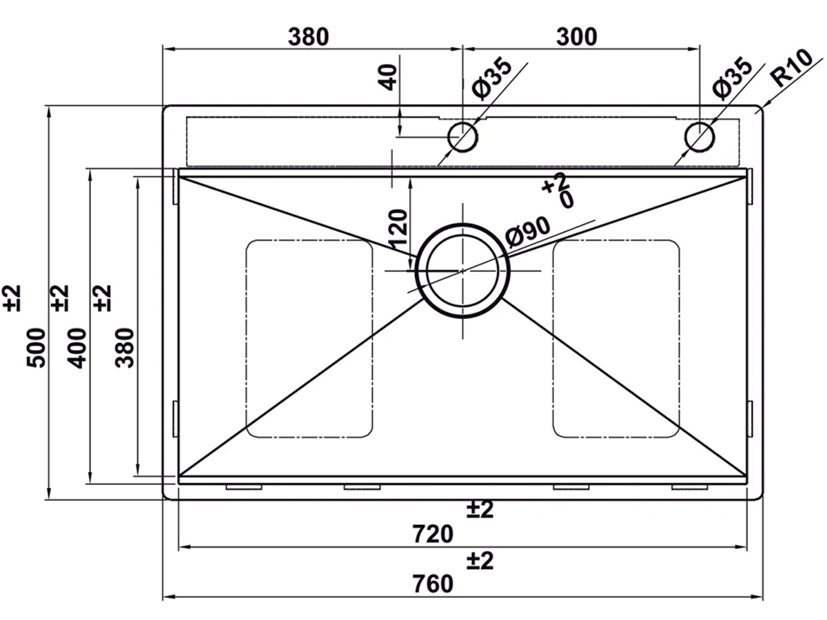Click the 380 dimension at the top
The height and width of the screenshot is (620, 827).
tap(307, 37)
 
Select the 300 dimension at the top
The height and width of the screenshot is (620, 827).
tap(576, 37)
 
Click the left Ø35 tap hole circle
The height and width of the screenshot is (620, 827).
tap(462, 136)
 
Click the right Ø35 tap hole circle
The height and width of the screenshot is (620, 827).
tap(700, 136)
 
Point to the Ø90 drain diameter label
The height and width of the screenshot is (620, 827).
tap(527, 231)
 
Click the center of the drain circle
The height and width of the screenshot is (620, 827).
tap(462, 271)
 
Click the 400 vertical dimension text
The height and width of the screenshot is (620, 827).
tap(78, 348)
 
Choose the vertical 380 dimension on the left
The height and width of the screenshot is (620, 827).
tap(124, 348)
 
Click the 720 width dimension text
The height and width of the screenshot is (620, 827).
tap(433, 534)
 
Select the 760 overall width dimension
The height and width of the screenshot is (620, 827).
tap(433, 583)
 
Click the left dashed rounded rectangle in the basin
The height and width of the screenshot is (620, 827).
tap(309, 338)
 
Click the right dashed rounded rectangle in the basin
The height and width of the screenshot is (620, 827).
tap(616, 338)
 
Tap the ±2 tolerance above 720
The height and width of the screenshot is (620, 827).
tap(480, 510)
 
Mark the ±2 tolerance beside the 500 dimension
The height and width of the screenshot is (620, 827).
tap(15, 298)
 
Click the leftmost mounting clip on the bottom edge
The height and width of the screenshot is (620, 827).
tap(244, 487)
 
